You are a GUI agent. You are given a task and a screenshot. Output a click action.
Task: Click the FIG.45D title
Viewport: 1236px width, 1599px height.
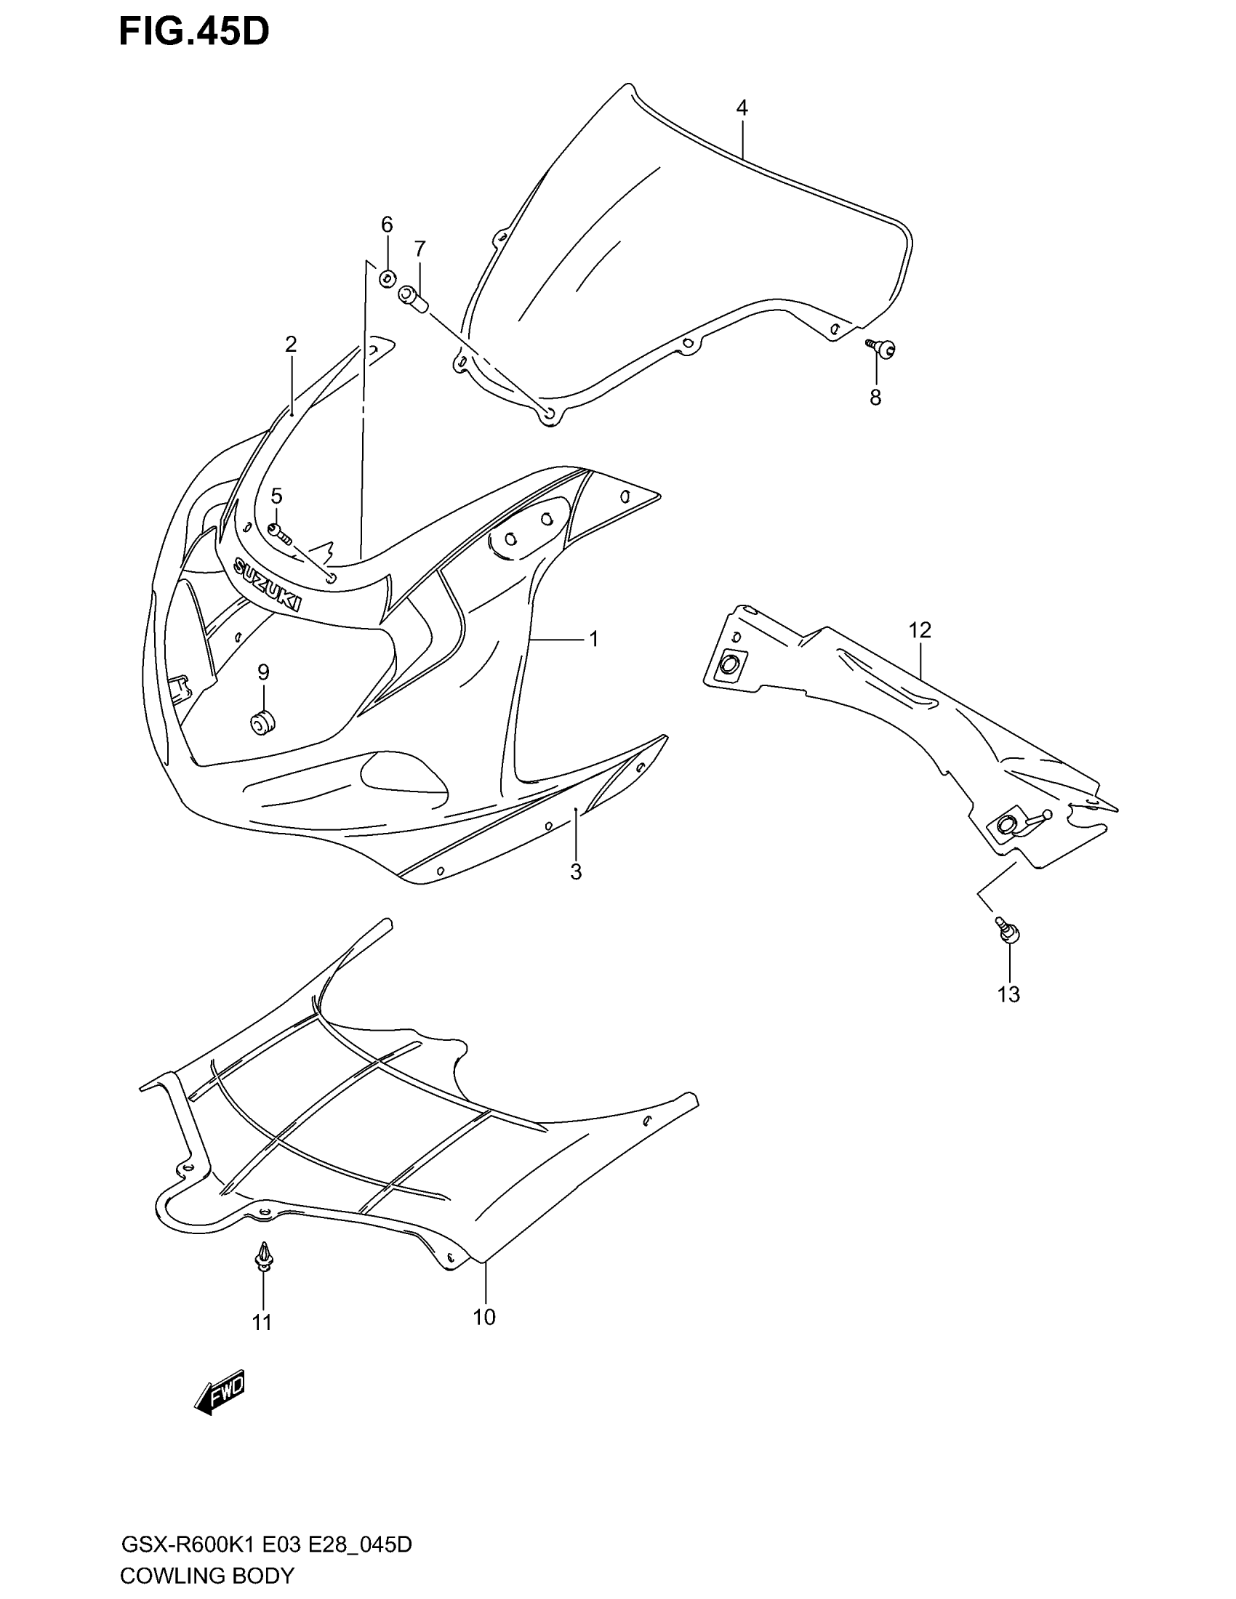pos(194,32)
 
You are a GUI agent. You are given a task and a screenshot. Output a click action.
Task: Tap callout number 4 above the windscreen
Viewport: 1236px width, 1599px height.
pos(742,108)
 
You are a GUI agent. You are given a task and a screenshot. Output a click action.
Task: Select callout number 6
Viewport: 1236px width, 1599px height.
pos(387,224)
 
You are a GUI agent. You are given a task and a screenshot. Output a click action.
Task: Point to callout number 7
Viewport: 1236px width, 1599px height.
pos(420,249)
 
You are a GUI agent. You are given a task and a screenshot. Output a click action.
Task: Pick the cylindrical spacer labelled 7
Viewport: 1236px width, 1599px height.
pos(414,299)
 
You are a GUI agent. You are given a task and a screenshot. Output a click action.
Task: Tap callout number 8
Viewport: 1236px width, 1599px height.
pos(875,398)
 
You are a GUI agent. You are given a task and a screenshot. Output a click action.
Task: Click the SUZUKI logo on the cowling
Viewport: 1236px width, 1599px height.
pos(268,584)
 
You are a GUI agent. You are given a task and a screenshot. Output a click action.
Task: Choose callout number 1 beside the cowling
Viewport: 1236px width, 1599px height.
pos(594,639)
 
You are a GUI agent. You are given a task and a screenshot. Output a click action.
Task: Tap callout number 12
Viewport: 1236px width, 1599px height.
pos(920,629)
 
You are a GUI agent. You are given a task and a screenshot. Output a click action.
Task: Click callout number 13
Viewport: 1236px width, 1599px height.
pos(1008,994)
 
